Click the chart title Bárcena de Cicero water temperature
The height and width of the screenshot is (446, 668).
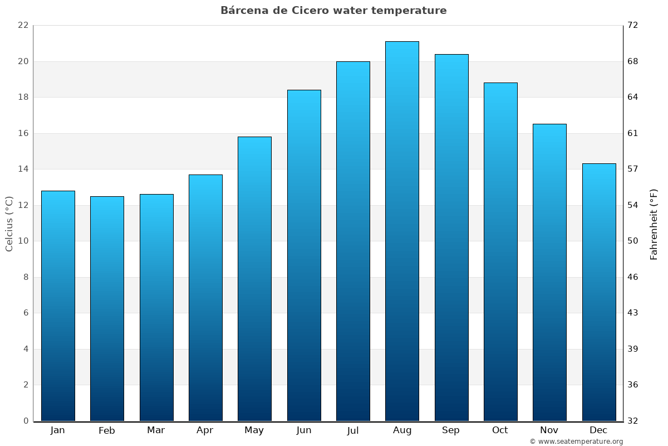333,11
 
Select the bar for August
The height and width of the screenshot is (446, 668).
402,231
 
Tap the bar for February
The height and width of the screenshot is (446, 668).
107,308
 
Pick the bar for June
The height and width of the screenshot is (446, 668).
304,255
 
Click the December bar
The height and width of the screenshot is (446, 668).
599,292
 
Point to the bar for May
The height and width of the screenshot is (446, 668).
254,279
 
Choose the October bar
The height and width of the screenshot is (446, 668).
500,251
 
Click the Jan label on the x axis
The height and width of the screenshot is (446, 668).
58,430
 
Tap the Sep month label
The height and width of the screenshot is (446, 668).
451,430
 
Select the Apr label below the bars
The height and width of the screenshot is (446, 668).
205,430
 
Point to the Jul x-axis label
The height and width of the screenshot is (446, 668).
353,430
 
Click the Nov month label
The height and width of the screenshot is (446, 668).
549,430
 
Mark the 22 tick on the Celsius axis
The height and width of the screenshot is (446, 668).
23,26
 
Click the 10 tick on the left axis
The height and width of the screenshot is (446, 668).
23,241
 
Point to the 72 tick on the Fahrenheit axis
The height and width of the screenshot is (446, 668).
633,26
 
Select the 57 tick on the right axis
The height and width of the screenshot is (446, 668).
633,169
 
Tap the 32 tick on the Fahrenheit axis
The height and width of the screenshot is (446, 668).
633,421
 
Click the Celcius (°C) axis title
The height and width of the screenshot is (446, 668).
9,224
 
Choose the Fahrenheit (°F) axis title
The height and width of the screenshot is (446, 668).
654,224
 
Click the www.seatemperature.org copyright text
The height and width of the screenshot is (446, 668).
576,442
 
